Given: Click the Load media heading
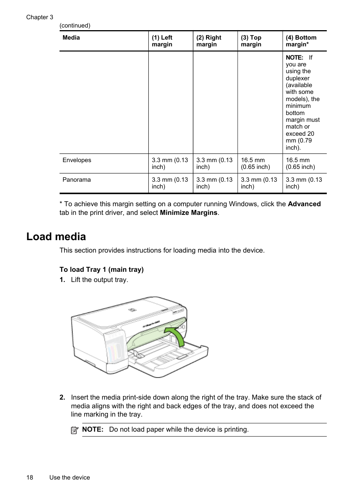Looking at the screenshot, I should [56, 237].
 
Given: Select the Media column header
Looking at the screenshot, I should [71, 38].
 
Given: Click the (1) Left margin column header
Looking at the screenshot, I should [162, 41].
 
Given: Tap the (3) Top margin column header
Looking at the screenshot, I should [251, 41].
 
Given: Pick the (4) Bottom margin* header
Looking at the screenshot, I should [301, 41].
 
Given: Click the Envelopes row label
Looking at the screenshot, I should [77, 160].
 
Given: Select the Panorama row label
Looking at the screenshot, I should [77, 180].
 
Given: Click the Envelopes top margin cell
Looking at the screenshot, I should [255, 164].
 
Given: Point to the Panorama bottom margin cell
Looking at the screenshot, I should [304, 183].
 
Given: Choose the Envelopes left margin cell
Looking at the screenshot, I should [170, 164].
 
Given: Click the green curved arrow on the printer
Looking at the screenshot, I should [177, 336].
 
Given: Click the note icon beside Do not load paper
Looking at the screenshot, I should [75, 430].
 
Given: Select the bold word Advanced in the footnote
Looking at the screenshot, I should [304, 204].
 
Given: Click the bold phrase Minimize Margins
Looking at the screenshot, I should [189, 213].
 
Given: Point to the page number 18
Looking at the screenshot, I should [30, 478].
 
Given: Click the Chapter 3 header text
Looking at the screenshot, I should [40, 17].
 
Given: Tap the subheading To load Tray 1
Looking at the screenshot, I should [102, 270].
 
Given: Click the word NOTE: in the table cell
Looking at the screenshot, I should [294, 58].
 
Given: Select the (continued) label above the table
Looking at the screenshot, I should [75, 26].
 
